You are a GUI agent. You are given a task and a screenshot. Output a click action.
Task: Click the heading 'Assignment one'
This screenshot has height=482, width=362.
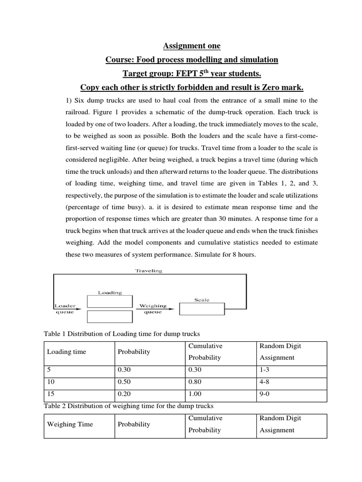(191, 46)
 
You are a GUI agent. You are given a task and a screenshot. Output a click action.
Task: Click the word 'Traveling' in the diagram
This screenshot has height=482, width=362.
(148, 271)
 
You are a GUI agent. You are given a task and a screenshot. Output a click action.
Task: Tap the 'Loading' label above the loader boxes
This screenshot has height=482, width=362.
(110, 292)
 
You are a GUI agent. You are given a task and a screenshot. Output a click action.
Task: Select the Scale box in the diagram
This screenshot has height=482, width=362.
(201, 309)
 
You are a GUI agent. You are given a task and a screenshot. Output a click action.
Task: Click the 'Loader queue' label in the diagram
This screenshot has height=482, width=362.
(65, 308)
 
